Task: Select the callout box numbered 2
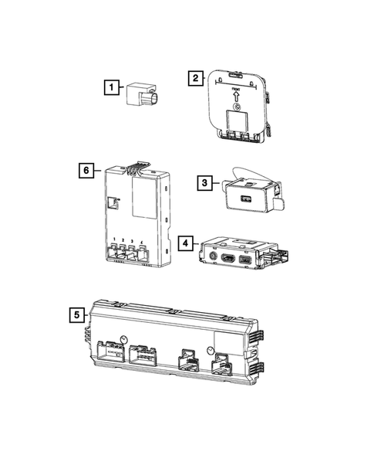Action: click(x=197, y=77)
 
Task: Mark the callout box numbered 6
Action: click(x=88, y=168)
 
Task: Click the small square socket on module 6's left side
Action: click(x=113, y=203)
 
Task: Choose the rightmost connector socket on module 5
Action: click(x=222, y=362)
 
